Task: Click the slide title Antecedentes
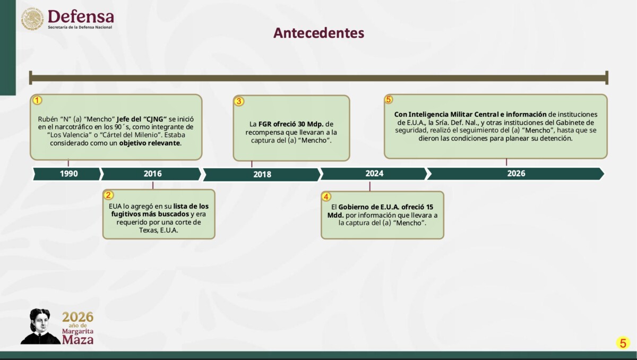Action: [318, 33]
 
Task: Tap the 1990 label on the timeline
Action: [69, 174]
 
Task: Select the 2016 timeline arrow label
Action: [152, 174]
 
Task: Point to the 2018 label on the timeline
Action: [262, 174]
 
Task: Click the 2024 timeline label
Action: [374, 174]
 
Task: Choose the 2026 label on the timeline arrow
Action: [516, 174]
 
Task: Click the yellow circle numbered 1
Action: [37, 100]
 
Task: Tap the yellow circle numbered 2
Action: [108, 195]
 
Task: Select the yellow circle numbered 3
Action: [239, 101]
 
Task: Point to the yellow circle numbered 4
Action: [326, 197]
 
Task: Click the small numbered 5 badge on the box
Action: [389, 99]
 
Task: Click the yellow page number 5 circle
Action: [623, 343]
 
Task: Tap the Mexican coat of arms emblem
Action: [32, 19]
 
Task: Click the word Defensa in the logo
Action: [81, 16]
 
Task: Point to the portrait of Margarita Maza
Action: [40, 327]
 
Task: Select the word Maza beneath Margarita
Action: [78, 339]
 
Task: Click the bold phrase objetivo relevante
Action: [150, 143]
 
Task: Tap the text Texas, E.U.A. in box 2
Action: [158, 230]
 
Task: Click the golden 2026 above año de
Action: [78, 317]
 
